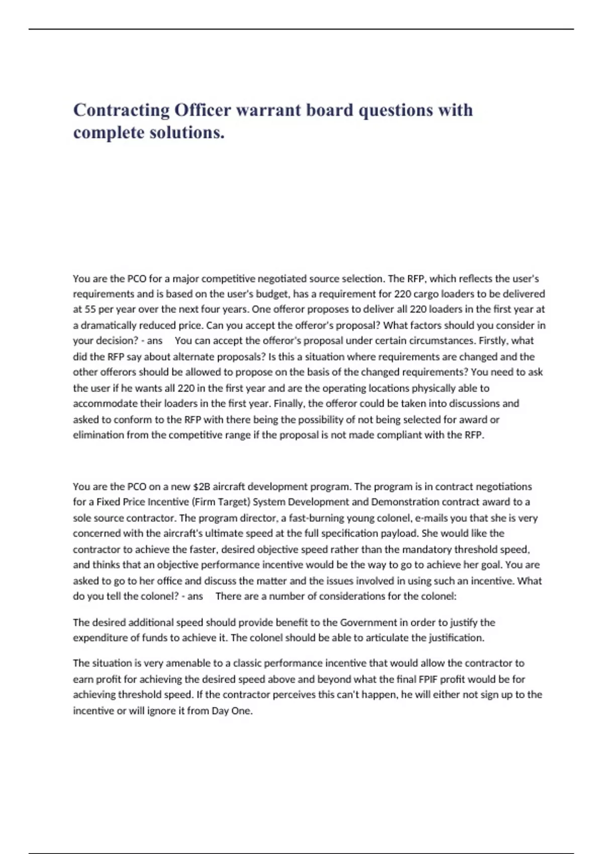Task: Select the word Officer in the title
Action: (x=203, y=110)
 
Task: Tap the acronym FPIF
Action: (x=432, y=679)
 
